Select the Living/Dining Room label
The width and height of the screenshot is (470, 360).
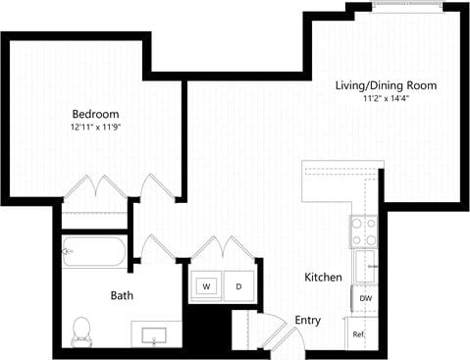(x=387, y=86)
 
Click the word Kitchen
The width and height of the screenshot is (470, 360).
(x=323, y=278)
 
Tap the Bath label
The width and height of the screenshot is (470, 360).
(x=122, y=294)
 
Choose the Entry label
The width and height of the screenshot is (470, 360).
(x=307, y=321)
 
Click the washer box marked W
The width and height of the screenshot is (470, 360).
(x=207, y=286)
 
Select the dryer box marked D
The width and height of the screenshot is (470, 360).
(x=237, y=286)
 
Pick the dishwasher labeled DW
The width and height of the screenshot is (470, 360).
(x=365, y=298)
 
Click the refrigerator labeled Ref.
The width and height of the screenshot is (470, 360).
(x=360, y=334)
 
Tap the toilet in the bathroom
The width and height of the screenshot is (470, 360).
(x=81, y=332)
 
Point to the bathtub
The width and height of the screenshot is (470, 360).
(x=93, y=252)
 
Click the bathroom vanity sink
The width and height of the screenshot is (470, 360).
(x=155, y=336)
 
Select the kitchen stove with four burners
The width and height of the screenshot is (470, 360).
(x=364, y=231)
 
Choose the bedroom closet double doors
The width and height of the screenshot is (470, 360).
(x=93, y=187)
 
